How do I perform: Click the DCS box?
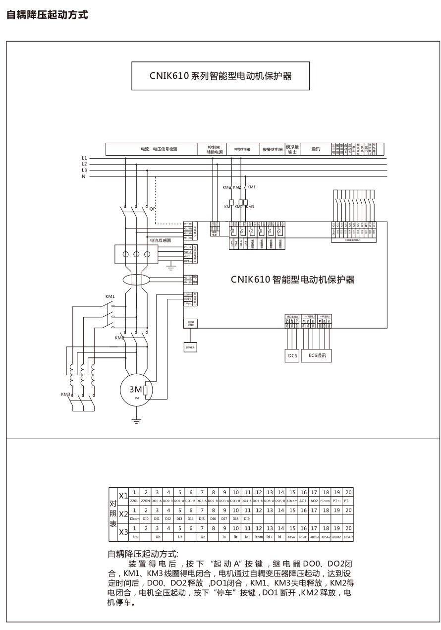[x=293, y=355]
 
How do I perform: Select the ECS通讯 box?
[x=318, y=355]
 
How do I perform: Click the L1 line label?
[x=84, y=158]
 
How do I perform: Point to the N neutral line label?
[x=84, y=176]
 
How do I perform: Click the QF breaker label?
[x=153, y=209]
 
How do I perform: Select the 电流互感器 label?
[x=161, y=240]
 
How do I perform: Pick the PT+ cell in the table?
[x=336, y=501]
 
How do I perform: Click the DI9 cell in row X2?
[x=247, y=518]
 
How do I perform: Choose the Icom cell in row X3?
[x=258, y=537]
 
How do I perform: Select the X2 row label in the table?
[x=123, y=514]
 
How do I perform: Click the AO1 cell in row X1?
[x=303, y=501]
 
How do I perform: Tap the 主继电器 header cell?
[x=242, y=149]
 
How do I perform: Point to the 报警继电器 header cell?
[x=272, y=149]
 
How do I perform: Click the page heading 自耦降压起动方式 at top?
[x=47, y=15]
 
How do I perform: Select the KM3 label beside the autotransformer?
[x=65, y=394]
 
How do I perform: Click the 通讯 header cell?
[x=316, y=149]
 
